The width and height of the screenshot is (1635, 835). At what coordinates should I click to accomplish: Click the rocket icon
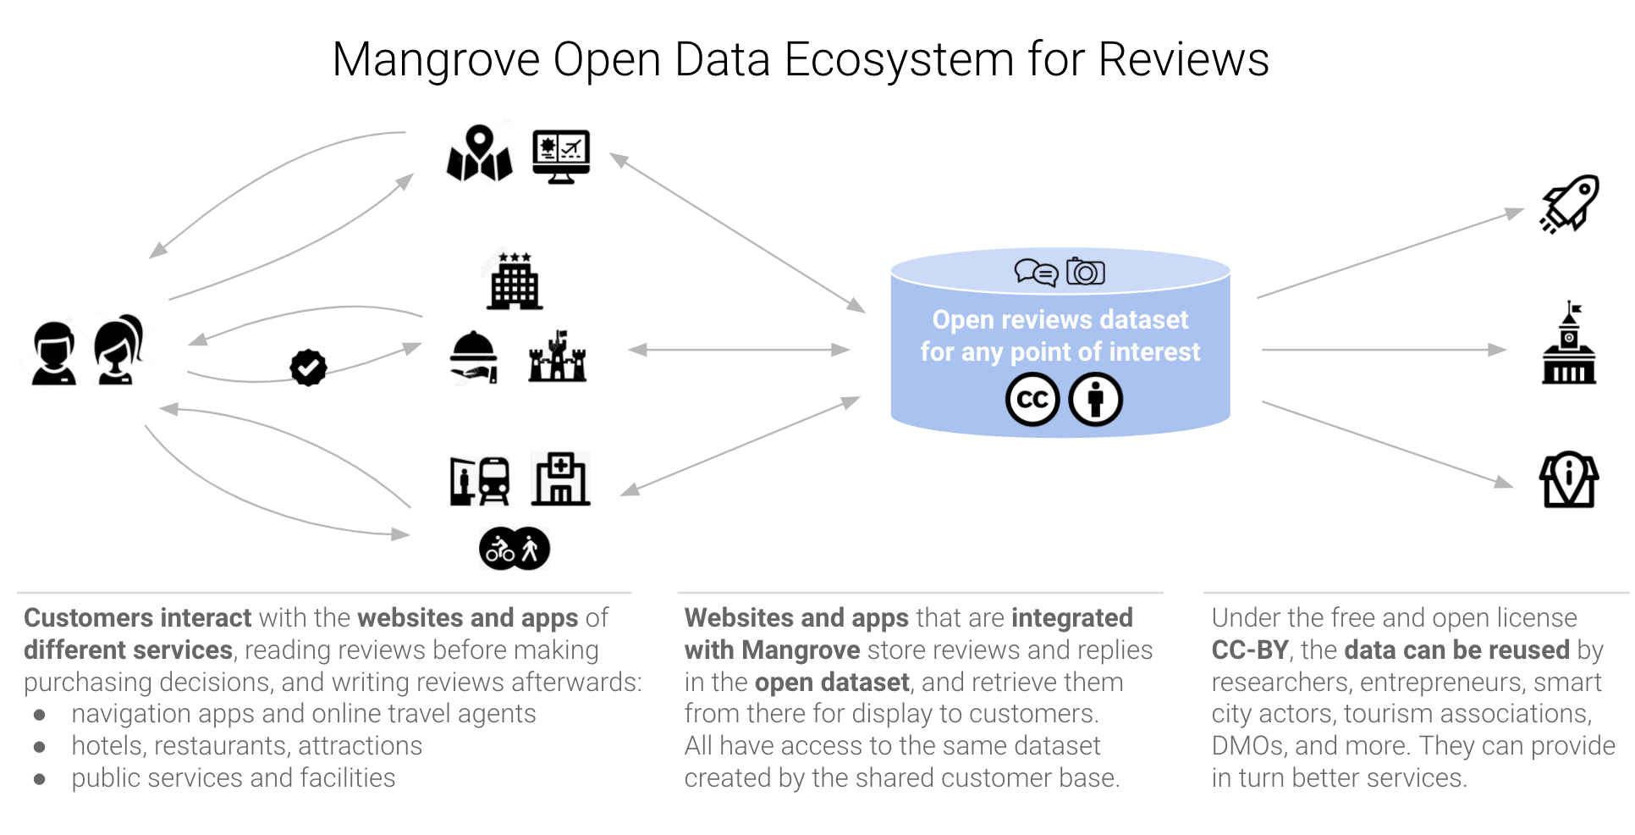point(1570,203)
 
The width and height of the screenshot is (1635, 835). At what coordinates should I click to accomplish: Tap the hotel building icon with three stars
point(515,281)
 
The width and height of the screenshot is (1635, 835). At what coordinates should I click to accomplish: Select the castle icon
point(557,357)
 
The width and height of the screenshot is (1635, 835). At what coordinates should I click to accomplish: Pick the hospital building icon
point(560,479)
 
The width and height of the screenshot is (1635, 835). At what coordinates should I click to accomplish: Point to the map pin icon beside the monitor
point(479,153)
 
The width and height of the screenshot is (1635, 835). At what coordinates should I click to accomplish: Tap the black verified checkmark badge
point(308,368)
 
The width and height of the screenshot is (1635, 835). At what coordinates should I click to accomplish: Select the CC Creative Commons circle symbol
point(1032,400)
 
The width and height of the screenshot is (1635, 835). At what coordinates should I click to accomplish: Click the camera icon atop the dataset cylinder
point(1086,272)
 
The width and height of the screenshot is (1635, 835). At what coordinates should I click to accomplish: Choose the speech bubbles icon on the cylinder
point(1036,273)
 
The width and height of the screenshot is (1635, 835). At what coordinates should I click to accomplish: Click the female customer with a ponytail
point(118,350)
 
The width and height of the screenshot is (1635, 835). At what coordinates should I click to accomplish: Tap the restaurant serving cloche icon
point(474,357)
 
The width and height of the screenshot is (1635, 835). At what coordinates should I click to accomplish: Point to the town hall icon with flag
point(1569,346)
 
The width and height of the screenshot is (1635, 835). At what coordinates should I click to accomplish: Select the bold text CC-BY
point(1249,650)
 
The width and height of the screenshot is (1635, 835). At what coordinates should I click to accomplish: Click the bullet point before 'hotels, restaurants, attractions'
point(40,747)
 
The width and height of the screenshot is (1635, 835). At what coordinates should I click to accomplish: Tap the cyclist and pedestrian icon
point(515,549)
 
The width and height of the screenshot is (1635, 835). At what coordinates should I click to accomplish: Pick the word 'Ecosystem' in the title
point(899,60)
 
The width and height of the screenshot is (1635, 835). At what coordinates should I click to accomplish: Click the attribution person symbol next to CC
point(1096,400)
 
